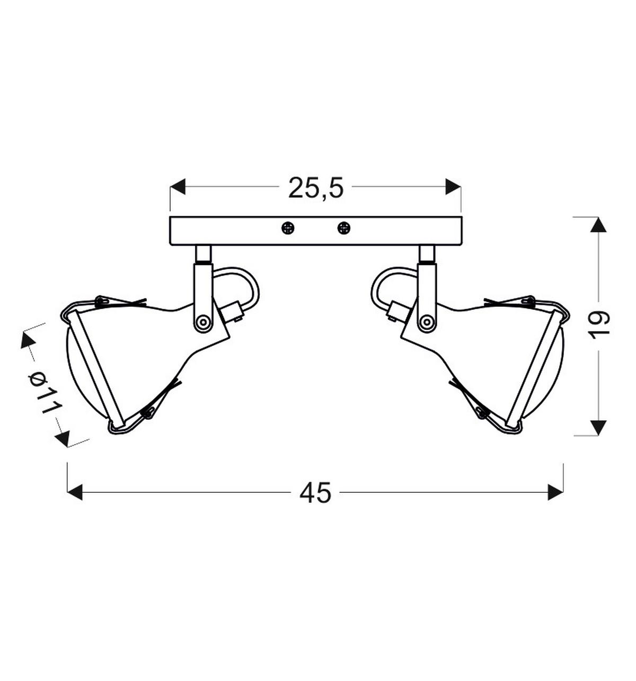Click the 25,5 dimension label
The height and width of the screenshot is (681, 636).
316,188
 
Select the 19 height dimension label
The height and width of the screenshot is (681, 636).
600,324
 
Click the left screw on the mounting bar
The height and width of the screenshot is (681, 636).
288,228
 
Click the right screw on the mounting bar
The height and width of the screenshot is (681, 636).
344,228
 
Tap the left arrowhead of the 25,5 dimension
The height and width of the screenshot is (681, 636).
178,187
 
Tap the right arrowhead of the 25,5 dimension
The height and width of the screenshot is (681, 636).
453,187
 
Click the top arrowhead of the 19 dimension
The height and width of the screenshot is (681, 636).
598,225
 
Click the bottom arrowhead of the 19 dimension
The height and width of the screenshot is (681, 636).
598,427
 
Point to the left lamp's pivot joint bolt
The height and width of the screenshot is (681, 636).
202,322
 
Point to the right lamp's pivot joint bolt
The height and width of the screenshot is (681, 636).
426,322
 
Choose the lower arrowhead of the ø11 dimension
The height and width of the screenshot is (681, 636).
63,438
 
